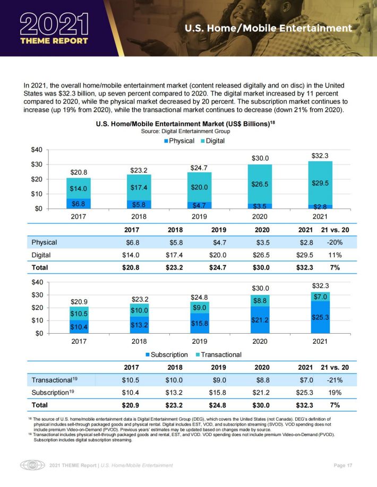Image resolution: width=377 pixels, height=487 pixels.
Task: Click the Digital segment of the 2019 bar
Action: [199, 187]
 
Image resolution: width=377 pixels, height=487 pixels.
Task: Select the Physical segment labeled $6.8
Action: [79, 204]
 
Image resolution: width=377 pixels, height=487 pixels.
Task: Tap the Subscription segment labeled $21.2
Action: [260, 320]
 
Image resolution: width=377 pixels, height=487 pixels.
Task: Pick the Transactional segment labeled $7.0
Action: [320, 297]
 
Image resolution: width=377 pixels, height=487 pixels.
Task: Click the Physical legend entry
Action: [179, 141]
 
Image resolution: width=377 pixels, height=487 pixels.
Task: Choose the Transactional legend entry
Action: [218, 355]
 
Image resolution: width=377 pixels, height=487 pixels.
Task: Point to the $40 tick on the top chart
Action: [37, 150]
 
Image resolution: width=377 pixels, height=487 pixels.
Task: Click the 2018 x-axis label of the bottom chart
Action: [139, 341]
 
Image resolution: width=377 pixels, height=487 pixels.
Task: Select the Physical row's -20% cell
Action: [335, 242]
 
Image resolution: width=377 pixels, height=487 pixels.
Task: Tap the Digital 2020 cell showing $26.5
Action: [261, 255]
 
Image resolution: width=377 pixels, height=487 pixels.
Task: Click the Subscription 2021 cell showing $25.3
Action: [305, 393]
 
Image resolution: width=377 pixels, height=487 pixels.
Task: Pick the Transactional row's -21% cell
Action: [335, 380]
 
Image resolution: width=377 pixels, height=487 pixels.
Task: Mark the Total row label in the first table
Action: [40, 267]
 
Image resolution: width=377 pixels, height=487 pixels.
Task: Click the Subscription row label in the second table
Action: [53, 393]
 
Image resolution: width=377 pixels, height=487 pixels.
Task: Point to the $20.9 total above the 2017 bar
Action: [79, 302]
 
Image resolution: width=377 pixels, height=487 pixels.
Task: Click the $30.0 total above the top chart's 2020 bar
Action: [260, 159]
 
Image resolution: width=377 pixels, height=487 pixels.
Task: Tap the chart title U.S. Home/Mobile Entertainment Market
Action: [185, 124]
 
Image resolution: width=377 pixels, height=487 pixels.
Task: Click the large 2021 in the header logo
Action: [54, 24]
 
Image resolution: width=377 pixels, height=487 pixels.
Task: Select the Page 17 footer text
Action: [343, 465]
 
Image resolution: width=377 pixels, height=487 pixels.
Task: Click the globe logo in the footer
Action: [32, 465]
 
